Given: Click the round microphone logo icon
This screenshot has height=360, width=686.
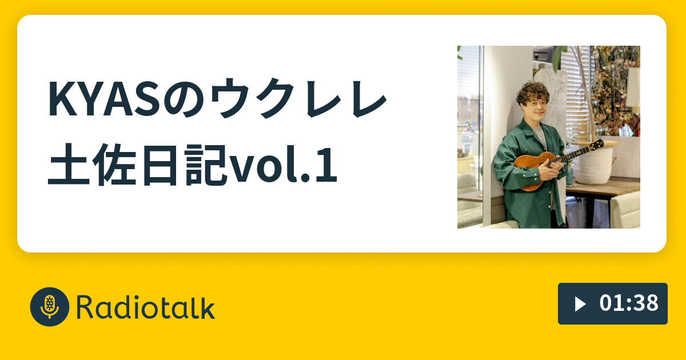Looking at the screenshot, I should click(50, 307).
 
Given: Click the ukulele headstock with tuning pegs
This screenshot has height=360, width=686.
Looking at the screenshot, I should click(597, 143).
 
